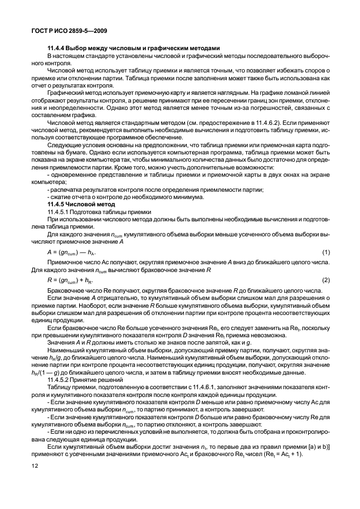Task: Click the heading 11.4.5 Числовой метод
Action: coord(77,204)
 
